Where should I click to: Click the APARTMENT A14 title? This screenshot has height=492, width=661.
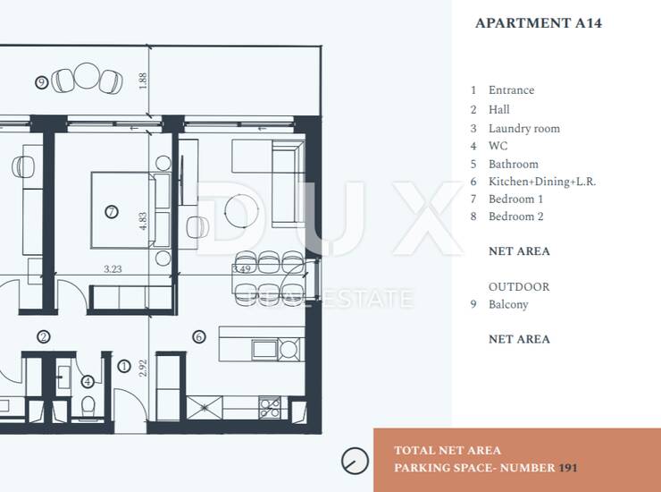tap(539, 22)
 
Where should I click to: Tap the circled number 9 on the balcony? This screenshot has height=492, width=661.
tap(41, 82)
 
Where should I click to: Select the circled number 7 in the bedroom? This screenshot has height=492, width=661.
tap(112, 212)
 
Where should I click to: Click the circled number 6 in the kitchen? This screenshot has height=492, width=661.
tap(199, 336)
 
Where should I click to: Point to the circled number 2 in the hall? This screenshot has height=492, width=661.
tap(44, 336)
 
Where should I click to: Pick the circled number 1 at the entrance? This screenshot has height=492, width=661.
tap(124, 366)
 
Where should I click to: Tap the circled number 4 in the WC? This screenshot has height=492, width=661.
tap(88, 381)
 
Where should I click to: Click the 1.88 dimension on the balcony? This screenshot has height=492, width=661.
tap(143, 81)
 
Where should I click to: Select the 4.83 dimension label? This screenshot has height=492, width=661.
tap(143, 221)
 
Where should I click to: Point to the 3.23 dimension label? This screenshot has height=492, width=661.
tap(113, 269)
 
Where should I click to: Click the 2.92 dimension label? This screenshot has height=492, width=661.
tap(143, 368)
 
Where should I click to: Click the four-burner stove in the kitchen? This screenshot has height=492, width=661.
tap(270, 408)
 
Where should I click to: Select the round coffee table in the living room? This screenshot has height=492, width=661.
tap(241, 211)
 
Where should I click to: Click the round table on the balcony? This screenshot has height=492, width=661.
tap(87, 76)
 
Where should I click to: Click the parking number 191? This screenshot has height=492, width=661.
tap(568, 468)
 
